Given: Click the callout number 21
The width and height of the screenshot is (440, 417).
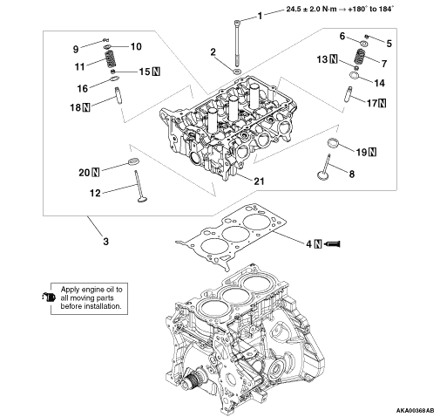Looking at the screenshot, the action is point(259,181).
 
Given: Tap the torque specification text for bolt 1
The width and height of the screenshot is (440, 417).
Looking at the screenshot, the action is point(340,9).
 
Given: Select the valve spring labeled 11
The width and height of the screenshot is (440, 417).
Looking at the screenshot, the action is point(109,58).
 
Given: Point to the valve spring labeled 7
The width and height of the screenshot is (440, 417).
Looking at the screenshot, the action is point(359,57).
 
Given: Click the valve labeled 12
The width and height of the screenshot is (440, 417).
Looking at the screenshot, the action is point(139,186).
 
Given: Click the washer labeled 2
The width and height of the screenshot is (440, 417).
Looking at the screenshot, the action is point(237,72).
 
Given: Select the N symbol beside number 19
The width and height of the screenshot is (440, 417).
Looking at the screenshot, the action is point(372,152).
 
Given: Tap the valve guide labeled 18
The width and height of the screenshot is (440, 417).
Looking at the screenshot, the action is point(118,95).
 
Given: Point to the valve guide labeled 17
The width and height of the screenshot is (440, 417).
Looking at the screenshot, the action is point(349,94).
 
